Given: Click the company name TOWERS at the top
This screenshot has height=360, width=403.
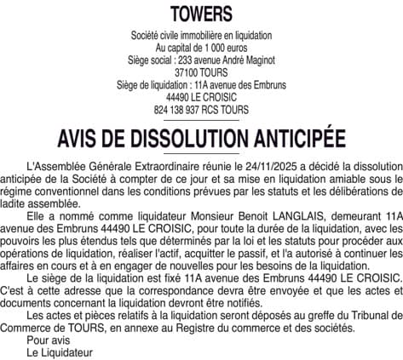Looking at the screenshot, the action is click(x=201, y=13).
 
